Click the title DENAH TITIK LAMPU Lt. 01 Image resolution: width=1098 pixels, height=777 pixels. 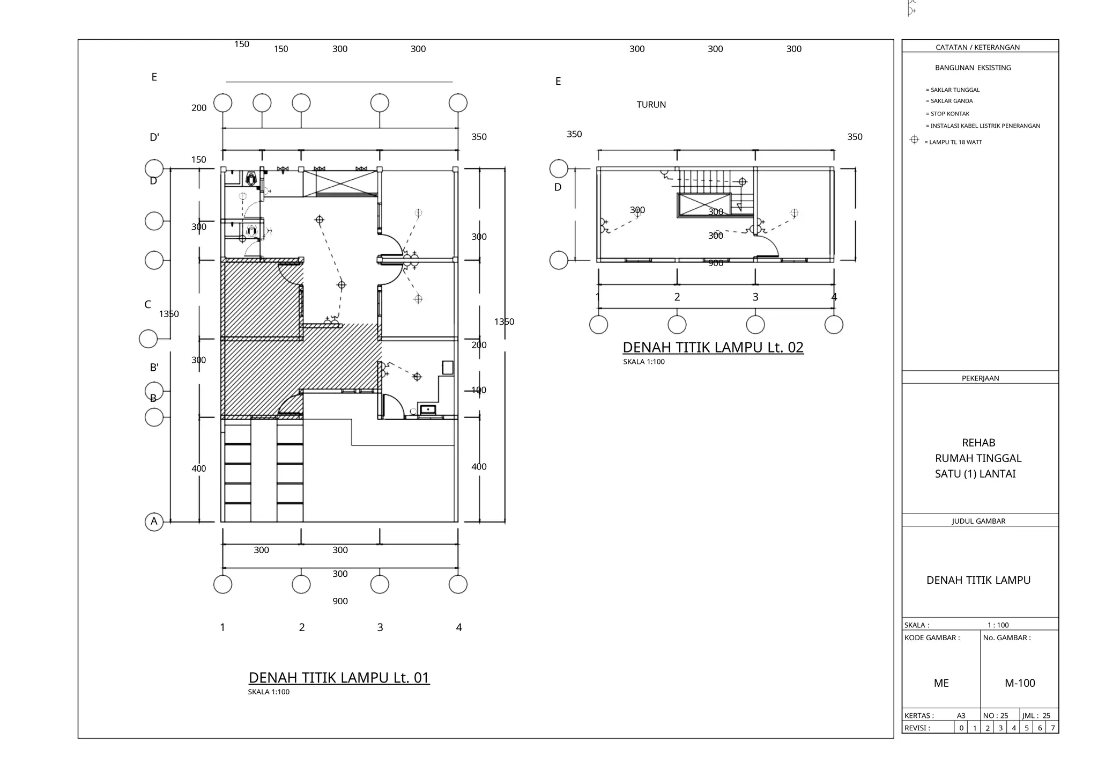click(339, 678)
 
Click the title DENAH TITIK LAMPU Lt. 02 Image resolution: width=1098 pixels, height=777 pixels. click(713, 347)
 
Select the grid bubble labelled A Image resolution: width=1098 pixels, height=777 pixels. click(154, 522)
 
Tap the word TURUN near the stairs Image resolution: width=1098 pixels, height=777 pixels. click(651, 105)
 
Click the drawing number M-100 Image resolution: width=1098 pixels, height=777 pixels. click(1019, 683)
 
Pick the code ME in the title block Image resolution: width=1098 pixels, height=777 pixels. click(941, 683)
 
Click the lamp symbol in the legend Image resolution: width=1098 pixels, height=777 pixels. click(915, 140)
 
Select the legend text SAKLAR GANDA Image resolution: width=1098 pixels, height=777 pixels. click(951, 101)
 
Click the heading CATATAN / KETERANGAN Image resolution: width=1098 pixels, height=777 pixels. click(977, 47)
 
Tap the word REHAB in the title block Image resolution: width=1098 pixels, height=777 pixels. click(978, 443)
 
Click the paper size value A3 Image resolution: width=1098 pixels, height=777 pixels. click(961, 716)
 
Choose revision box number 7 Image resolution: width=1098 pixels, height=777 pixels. click(1052, 728)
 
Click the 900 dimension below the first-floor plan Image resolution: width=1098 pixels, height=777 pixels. click(340, 602)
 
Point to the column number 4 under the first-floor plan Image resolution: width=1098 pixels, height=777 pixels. click(459, 627)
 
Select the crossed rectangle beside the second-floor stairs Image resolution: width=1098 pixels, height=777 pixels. click(704, 205)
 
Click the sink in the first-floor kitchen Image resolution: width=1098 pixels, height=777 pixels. click(428, 410)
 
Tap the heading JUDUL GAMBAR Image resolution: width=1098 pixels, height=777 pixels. click(978, 521)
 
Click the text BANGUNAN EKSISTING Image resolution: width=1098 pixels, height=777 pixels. click(973, 68)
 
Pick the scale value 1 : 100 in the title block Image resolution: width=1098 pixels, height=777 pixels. click(998, 625)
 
